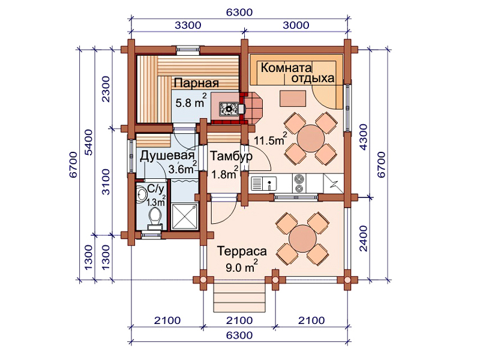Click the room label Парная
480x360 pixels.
197,83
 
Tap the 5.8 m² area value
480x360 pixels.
191,101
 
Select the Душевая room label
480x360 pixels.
167,156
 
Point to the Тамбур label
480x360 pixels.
231,156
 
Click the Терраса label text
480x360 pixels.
242,251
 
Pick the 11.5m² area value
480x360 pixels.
271,139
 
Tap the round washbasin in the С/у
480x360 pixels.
142,194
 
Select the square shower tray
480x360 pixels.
185,217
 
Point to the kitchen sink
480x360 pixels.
263,184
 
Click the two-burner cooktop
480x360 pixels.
299,183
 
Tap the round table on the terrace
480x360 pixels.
302,239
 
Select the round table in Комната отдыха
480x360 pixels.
311,139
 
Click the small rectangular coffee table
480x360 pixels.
293,98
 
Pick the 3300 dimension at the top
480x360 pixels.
188,25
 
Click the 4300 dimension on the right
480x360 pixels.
363,137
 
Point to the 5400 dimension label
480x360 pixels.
88,142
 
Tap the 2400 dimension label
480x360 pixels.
363,238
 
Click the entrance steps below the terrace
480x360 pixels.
239,297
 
